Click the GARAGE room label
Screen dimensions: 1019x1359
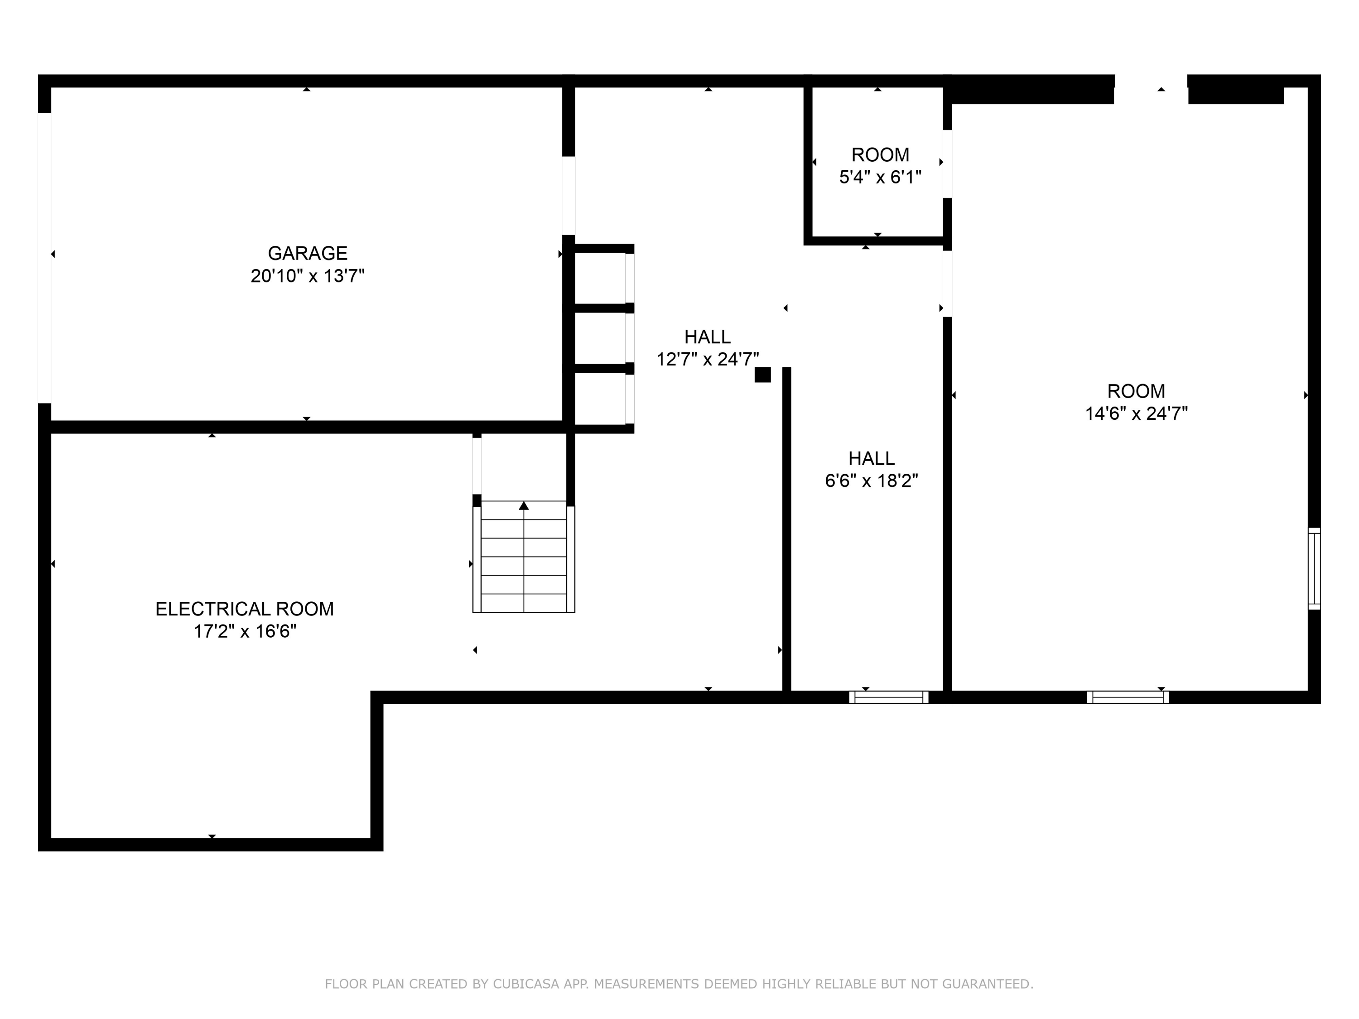307,253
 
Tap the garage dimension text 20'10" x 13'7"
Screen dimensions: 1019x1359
307,276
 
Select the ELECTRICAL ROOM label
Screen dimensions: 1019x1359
244,609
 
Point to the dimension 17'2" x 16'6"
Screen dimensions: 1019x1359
245,631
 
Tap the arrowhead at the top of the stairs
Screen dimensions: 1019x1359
524,505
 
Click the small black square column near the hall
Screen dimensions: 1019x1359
762,375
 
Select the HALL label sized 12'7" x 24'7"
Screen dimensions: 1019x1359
707,336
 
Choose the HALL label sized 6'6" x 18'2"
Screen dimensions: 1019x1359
871,458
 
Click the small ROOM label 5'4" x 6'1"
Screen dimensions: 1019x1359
880,155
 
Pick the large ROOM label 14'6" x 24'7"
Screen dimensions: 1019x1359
1135,391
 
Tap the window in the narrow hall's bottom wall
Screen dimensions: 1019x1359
888,697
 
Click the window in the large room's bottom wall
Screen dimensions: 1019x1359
1128,697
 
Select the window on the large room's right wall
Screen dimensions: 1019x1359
1314,569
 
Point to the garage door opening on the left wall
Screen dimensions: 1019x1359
44,258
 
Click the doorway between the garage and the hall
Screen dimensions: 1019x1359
569,195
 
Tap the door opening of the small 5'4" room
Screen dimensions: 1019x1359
947,163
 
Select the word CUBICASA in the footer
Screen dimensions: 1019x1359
526,984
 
